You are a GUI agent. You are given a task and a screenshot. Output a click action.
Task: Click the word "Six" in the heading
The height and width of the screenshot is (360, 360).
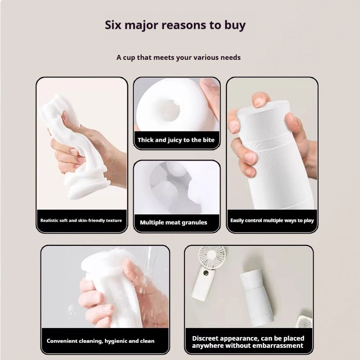[113, 25]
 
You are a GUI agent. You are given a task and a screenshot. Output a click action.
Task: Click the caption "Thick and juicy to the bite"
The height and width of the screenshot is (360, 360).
[176, 140]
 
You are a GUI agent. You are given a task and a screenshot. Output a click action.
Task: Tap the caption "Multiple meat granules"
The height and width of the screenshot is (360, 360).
[173, 222]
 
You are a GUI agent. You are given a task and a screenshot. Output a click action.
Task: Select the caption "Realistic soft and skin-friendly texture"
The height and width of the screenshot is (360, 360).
[81, 220]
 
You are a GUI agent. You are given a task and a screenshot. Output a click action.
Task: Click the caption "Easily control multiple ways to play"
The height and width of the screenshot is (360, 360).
[272, 220]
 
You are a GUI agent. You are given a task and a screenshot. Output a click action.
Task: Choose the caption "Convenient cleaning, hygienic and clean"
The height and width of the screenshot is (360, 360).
[100, 341]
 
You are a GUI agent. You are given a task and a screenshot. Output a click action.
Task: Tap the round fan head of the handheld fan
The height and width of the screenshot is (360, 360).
[211, 256]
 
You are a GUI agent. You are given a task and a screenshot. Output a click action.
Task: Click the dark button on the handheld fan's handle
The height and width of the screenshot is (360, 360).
[206, 273]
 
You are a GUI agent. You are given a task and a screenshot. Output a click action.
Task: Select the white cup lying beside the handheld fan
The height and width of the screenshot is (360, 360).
[256, 298]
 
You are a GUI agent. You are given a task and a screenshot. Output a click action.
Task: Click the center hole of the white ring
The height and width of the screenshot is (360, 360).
[169, 111]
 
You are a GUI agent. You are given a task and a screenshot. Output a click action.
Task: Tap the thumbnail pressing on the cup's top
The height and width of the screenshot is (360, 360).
[258, 103]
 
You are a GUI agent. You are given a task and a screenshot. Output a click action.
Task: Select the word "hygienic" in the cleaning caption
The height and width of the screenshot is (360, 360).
[116, 341]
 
